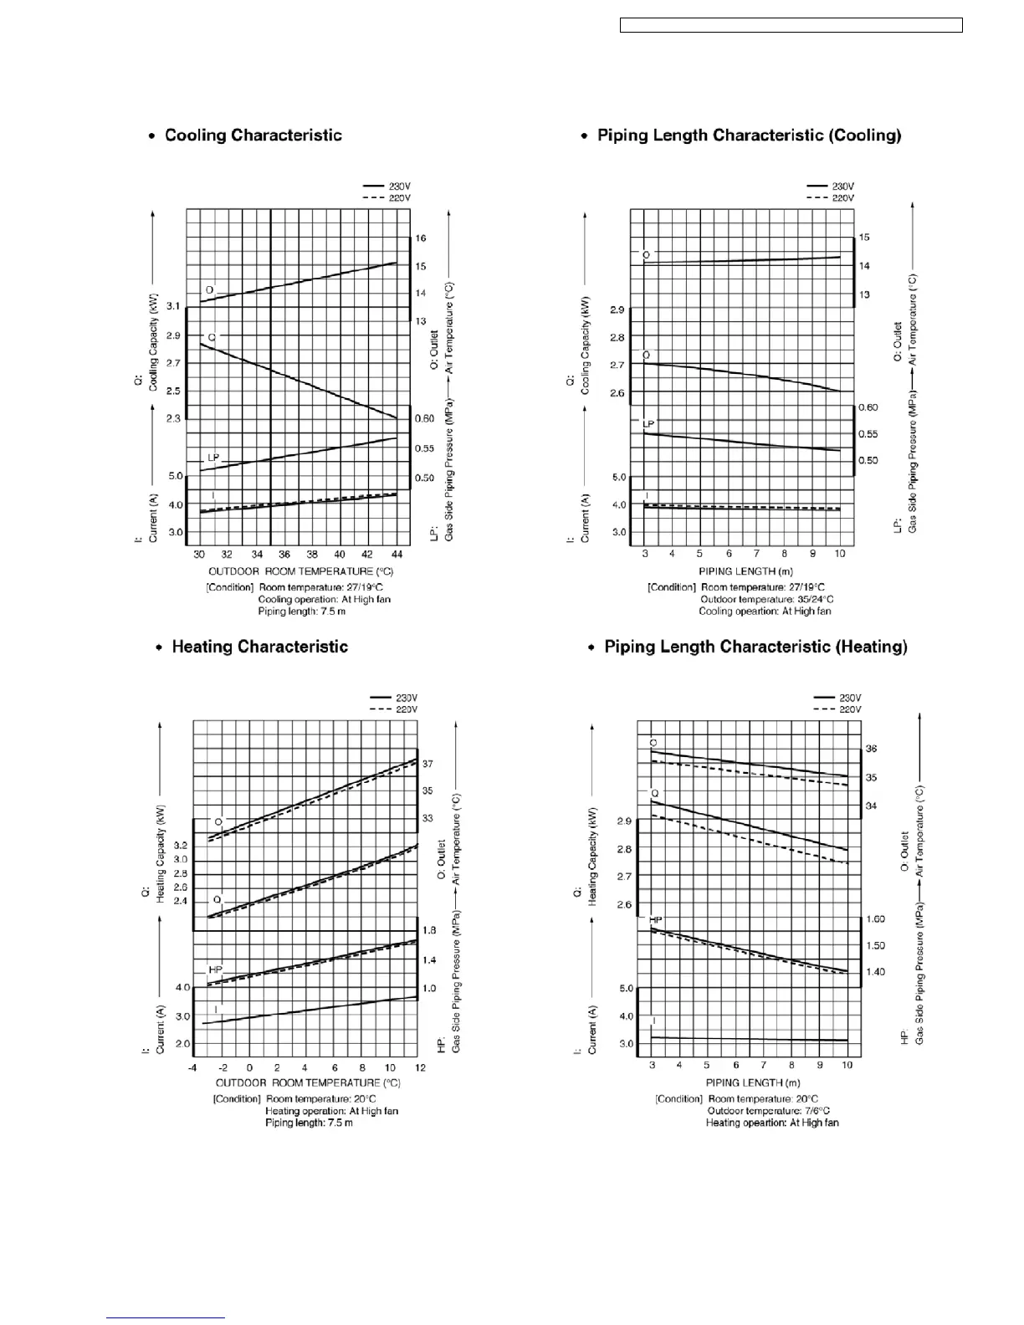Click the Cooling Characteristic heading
pyautogui.click(x=253, y=136)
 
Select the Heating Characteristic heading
pyautogui.click(x=259, y=647)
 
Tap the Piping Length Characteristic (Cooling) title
pyautogui.click(x=749, y=136)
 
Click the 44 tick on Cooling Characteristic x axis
pyautogui.click(x=397, y=554)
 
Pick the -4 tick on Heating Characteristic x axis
pyautogui.click(x=192, y=1067)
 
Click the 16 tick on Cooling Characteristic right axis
pyautogui.click(x=421, y=238)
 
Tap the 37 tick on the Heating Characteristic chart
pyautogui.click(x=428, y=764)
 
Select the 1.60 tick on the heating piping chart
pyautogui.click(x=875, y=919)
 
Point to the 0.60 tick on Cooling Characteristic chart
pyautogui.click(x=425, y=418)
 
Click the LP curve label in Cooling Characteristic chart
pyautogui.click(x=213, y=458)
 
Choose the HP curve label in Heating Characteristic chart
pyautogui.click(x=216, y=969)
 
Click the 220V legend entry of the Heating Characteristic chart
pyautogui.click(x=406, y=709)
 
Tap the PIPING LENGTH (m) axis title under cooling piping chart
pyautogui.click(x=740, y=571)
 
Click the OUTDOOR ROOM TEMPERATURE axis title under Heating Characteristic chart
pyautogui.click(x=308, y=1082)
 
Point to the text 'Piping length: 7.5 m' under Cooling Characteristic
pyautogui.click(x=301, y=611)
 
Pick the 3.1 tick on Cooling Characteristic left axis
pyautogui.click(x=173, y=307)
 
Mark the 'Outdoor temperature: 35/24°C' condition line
pyautogui.click(x=766, y=599)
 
